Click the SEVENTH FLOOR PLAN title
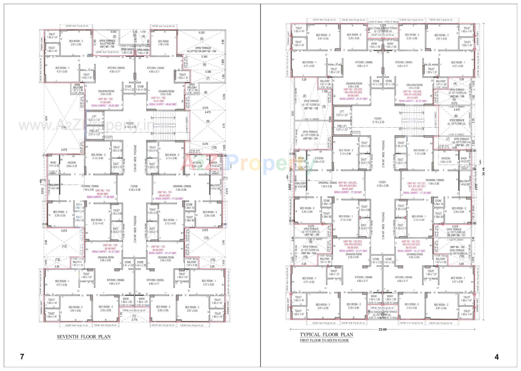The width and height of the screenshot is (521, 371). (x=84, y=337)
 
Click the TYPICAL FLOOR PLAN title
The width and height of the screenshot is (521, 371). (x=326, y=335)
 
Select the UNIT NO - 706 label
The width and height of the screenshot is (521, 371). (x=158, y=98)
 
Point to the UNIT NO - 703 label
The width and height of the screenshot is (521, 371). (x=110, y=245)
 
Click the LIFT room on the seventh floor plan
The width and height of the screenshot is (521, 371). (x=94, y=118)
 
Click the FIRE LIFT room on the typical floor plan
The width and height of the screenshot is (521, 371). (x=342, y=128)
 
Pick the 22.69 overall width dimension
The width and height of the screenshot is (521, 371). (x=382, y=329)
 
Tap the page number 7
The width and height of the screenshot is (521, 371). (x=22, y=357)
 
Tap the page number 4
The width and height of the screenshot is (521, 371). (x=497, y=357)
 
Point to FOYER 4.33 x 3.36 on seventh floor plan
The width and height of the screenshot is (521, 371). (x=134, y=188)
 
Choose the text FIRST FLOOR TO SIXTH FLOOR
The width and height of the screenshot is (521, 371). (x=324, y=340)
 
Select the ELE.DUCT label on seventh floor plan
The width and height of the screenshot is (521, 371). (x=108, y=138)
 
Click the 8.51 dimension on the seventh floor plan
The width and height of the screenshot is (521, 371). (x=46, y=118)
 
